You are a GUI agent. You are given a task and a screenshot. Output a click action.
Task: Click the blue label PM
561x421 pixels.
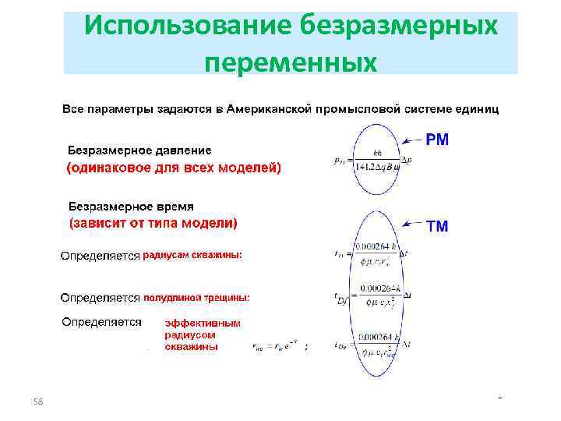437,140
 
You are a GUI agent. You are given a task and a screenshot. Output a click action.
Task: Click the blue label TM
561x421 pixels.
437,227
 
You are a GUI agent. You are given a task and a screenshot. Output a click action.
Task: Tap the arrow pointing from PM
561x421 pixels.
411,141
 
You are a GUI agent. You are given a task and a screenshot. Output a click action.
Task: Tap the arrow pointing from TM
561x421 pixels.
411,225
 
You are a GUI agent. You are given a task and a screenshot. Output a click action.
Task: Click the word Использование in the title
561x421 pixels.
185,25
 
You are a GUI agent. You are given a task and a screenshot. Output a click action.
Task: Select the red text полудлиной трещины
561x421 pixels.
196,297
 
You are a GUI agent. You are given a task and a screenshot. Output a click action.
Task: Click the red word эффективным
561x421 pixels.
203,323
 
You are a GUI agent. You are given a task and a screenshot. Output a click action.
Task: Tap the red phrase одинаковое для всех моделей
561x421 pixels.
174,167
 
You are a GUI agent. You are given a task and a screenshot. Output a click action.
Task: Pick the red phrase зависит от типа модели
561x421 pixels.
153,223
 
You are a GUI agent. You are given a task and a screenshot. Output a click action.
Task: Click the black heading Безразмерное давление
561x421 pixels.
139,150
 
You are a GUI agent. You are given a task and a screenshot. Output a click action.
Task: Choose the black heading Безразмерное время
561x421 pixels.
131,207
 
